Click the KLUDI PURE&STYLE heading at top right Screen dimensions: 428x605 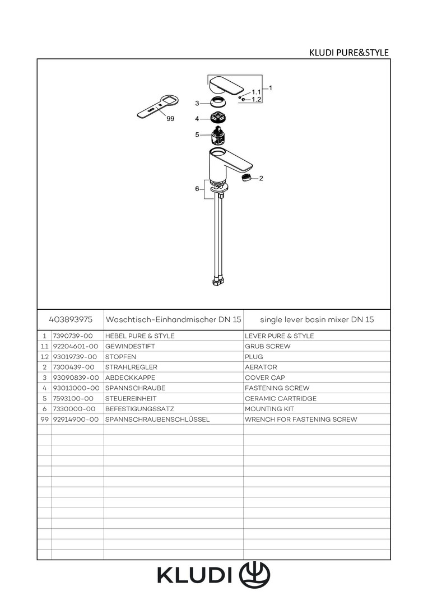[349, 53]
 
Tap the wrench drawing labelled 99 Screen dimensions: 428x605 [157, 107]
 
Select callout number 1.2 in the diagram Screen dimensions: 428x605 [256, 100]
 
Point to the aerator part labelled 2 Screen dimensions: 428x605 [246, 178]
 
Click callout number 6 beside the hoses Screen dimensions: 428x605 [197, 189]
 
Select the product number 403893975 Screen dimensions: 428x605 [71, 319]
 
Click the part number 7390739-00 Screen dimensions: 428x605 [73, 336]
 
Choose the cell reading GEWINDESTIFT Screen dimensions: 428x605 [130, 346]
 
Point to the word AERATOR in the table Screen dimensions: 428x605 [261, 367]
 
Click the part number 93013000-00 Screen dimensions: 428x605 [76, 388]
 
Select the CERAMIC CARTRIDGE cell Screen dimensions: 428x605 [281, 398]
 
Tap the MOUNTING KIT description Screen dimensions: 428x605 [269, 408]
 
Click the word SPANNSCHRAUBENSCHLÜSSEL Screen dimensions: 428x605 [157, 419]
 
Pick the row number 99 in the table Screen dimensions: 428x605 [44, 419]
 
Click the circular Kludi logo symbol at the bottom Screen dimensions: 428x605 [254, 575]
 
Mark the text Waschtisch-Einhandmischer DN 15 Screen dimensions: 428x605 [173, 319]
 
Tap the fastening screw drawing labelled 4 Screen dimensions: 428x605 [218, 118]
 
